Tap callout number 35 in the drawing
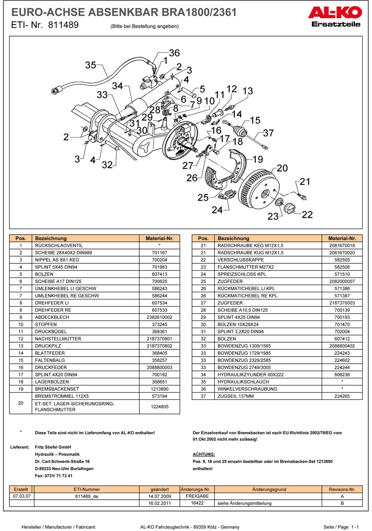point(90,65)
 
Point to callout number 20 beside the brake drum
point(282,168)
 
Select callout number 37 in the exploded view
point(268,133)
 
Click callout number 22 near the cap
point(307,215)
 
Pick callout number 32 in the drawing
point(107,165)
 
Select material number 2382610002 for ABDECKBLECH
point(159,317)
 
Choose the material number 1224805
point(159,407)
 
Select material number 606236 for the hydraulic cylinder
point(342,374)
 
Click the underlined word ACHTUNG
point(204,454)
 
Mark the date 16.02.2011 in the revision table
point(159,503)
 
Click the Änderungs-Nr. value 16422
point(197,503)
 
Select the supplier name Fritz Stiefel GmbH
point(53,447)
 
